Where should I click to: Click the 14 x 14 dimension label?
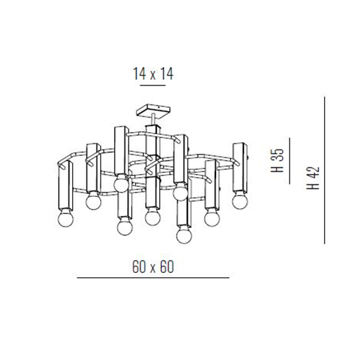pyautogui.click(x=153, y=74)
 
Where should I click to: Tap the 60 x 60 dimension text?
pyautogui.click(x=153, y=267)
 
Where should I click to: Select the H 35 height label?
pyautogui.click(x=277, y=160)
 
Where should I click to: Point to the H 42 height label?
pyautogui.click(x=313, y=178)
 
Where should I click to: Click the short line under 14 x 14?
pyautogui.click(x=153, y=85)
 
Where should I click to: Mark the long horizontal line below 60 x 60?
pyautogui.click(x=153, y=278)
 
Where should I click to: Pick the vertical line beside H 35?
pyautogui.click(x=290, y=161)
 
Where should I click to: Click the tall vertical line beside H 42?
pyautogui.click(x=325, y=170)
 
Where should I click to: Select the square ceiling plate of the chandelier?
pyautogui.click(x=153, y=112)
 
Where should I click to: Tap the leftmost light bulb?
pyautogui.click(x=65, y=219)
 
